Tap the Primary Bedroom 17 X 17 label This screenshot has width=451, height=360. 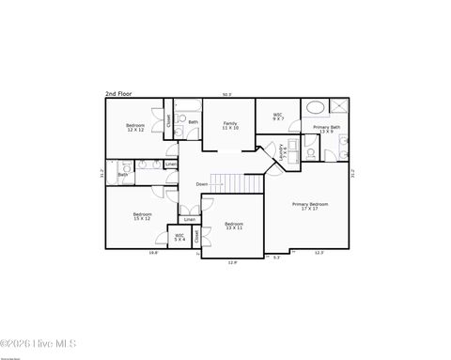click(310, 206)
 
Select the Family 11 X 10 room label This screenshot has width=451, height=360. click(230, 125)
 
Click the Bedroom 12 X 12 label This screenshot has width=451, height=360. click(135, 128)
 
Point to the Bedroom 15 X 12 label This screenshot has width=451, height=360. click(142, 216)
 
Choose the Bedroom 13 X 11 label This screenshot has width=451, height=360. click(234, 226)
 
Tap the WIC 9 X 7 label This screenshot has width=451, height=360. click(278, 117)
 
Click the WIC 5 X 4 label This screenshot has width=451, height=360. click(179, 238)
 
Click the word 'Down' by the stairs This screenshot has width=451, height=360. click(202, 184)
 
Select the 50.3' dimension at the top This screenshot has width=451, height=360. click(226, 94)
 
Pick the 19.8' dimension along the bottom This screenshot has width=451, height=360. click(153, 253)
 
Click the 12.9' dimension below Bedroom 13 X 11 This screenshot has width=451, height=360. click(232, 262)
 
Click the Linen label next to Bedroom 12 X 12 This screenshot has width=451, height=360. click(170, 164)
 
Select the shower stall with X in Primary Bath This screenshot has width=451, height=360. click(339, 107)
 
